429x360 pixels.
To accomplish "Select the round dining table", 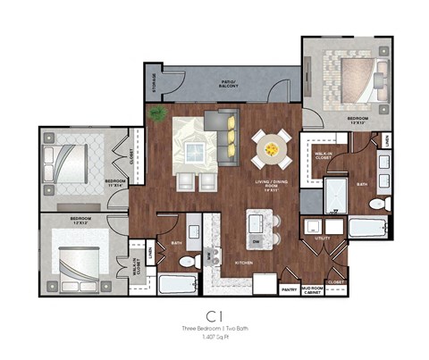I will pyautogui.click(x=271, y=149).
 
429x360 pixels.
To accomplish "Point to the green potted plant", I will pyautogui.click(x=158, y=113).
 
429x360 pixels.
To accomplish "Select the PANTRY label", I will pyautogui.click(x=289, y=289).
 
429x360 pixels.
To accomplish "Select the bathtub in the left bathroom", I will pyautogui.click(x=179, y=285).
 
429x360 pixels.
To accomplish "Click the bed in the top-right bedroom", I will pyautogui.click(x=348, y=77).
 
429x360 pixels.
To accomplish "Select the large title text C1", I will pyautogui.click(x=214, y=315).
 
